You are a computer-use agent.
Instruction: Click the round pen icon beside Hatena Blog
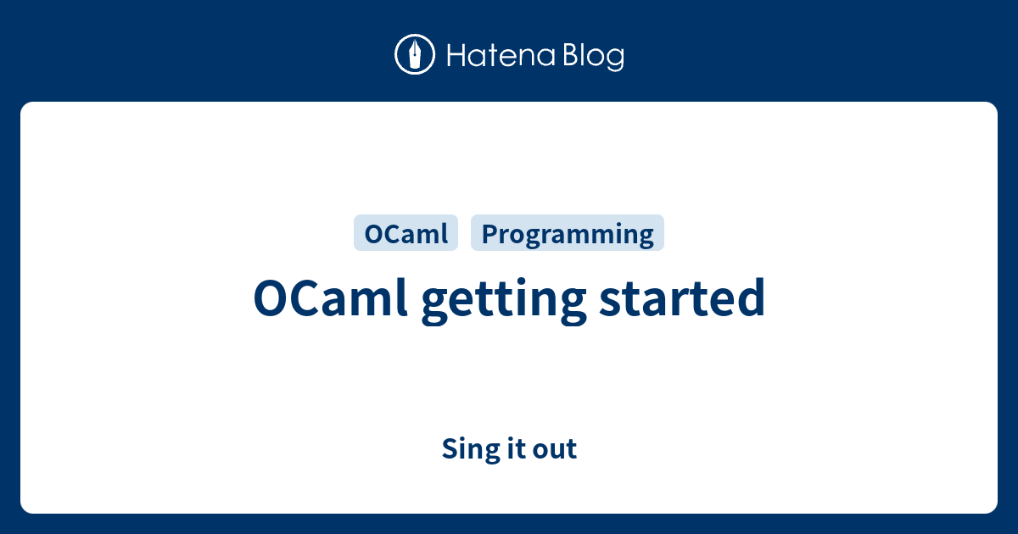coord(415,55)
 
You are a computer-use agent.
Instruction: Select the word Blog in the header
coord(592,56)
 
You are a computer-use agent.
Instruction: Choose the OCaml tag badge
coord(406,234)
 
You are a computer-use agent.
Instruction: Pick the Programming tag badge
coord(568,234)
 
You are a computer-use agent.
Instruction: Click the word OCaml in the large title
coord(332,298)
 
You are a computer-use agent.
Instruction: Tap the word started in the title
coord(683,298)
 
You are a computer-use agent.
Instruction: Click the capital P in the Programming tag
coord(488,234)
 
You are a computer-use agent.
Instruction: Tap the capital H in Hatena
coord(455,56)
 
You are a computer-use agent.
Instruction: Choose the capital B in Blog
coord(568,56)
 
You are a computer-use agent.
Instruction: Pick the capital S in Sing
coord(449,448)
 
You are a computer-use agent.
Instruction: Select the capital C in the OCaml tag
coord(386,234)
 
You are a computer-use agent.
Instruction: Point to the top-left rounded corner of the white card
coord(26,108)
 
